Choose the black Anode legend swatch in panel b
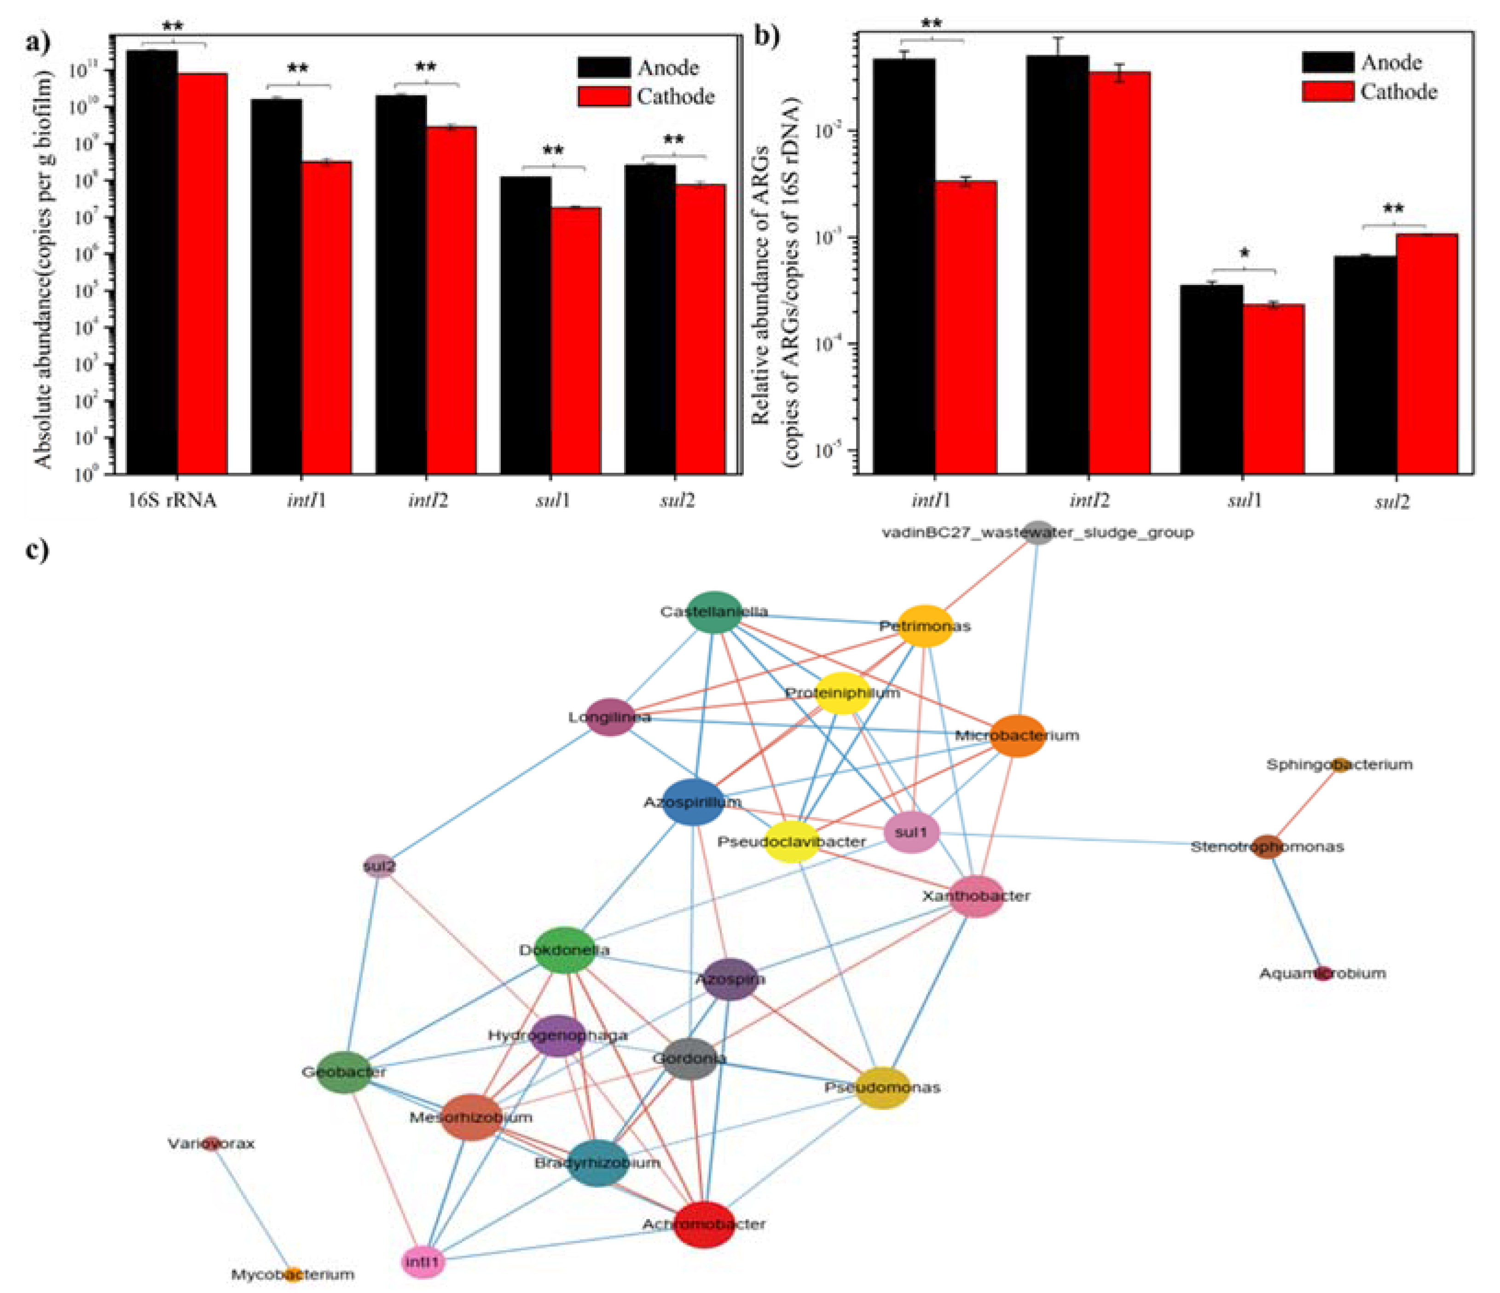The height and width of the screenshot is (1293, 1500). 1327,62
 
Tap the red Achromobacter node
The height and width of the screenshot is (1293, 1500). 704,1223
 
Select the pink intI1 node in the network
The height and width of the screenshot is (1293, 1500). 423,1262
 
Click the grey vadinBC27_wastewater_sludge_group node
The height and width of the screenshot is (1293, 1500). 1038,532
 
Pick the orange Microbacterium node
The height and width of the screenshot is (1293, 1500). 1018,736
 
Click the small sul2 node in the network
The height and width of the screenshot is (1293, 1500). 379,865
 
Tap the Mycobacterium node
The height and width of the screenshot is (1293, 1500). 292,1274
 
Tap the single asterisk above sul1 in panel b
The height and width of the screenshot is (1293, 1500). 1244,254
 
